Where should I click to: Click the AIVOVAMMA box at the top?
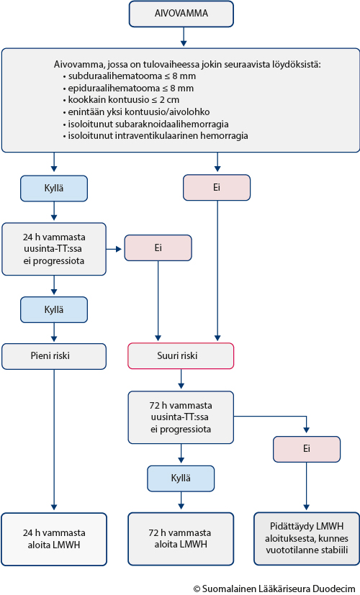[181, 14]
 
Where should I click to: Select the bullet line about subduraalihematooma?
[130, 76]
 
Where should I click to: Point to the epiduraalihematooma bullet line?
[128, 88]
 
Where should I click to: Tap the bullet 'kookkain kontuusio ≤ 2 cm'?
[121, 100]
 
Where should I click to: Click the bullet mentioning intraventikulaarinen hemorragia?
[156, 135]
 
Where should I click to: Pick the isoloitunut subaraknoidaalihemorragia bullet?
[146, 124]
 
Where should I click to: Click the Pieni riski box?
[54, 356]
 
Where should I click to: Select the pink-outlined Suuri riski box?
[181, 356]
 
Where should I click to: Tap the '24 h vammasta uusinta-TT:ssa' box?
[54, 249]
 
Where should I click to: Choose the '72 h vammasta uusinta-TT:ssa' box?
[181, 417]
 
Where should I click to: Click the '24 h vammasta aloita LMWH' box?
[54, 539]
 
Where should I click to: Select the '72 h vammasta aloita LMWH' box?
[181, 539]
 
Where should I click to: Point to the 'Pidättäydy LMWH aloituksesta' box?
[307, 539]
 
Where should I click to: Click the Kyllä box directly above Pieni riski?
[54, 309]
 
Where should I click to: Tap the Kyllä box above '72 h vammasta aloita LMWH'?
[181, 478]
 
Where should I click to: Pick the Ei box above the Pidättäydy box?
[307, 449]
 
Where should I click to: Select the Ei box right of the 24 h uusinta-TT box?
[158, 247]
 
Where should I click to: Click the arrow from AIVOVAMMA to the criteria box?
[184, 37]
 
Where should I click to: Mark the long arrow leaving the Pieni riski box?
[54, 440]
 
